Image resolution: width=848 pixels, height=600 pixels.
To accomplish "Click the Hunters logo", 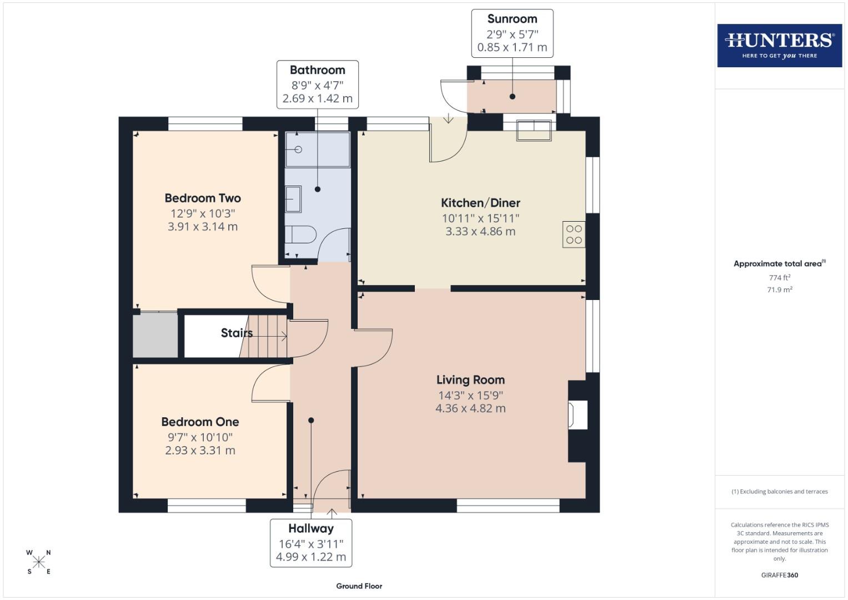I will (x=779, y=45).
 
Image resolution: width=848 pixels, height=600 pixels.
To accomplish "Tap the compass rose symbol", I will (x=38, y=562).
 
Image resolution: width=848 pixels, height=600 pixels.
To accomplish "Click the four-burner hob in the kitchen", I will (x=574, y=234).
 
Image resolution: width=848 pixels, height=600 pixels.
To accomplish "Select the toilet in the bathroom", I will (x=300, y=234).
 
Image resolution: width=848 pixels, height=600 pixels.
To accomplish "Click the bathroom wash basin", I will (x=293, y=199).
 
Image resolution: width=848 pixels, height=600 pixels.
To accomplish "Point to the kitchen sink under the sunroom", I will (x=534, y=129).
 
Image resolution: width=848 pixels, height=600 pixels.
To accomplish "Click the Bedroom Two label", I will (x=203, y=198).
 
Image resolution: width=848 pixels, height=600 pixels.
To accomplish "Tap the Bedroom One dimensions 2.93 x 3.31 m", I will (x=200, y=451).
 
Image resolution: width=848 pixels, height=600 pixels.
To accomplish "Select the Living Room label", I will (x=470, y=380).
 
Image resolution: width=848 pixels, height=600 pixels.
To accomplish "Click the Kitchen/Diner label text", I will (x=480, y=203).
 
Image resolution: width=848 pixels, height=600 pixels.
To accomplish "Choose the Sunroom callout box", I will (x=512, y=33).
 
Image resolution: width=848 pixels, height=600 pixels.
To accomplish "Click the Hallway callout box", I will (x=311, y=543).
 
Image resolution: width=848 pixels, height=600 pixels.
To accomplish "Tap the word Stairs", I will (x=237, y=333).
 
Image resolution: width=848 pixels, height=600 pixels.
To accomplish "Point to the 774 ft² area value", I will (x=779, y=277).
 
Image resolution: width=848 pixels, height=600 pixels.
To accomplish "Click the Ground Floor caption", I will (x=359, y=586).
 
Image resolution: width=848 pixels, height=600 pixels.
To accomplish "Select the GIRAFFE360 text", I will (x=779, y=575).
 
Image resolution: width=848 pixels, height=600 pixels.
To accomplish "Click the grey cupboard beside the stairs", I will (x=155, y=335).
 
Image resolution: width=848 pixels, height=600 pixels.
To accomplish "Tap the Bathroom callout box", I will (x=318, y=84).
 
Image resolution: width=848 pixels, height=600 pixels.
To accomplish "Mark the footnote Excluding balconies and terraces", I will (x=779, y=491).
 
